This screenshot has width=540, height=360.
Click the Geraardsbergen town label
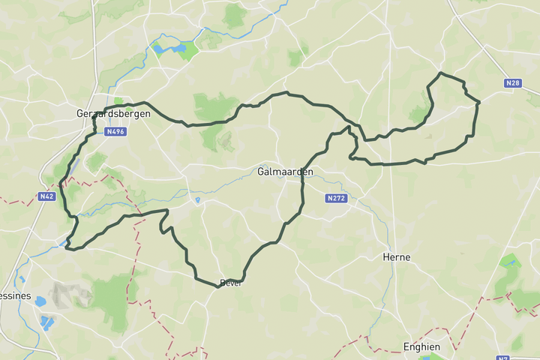(113, 114)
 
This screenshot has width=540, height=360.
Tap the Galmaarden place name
(284, 172)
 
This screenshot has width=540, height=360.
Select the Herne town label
(396, 256)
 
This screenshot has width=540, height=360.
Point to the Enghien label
(421, 346)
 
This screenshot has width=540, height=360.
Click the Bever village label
(230, 283)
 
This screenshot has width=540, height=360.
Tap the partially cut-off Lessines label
(15, 295)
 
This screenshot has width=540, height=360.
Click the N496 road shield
(115, 131)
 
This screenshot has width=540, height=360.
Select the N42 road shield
(46, 196)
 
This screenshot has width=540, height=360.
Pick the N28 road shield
(512, 83)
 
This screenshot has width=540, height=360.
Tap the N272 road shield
(336, 199)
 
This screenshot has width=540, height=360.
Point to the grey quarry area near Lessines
(71, 294)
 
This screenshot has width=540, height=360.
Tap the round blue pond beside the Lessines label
(40, 301)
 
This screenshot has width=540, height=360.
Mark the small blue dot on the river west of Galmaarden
(197, 200)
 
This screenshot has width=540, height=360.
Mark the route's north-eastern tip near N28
(441, 73)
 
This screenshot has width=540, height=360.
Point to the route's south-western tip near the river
(67, 247)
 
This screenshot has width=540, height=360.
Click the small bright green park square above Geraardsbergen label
(118, 101)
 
